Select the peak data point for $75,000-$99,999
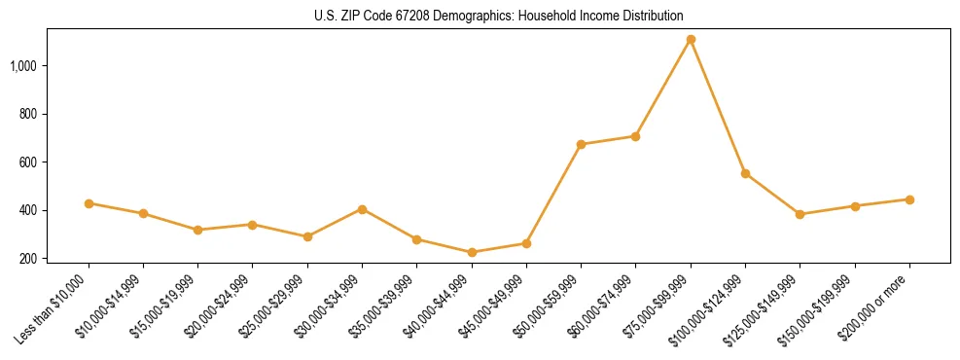tap(691, 40)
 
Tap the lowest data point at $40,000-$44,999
tap(472, 252)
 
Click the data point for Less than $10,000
tap(89, 203)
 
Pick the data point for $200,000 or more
tap(909, 199)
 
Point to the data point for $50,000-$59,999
tap(581, 144)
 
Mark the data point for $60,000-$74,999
tap(635, 136)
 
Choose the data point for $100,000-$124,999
tap(745, 173)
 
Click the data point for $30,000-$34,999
tap(362, 209)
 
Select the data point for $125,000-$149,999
tap(800, 214)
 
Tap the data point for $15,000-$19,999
tap(197, 230)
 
